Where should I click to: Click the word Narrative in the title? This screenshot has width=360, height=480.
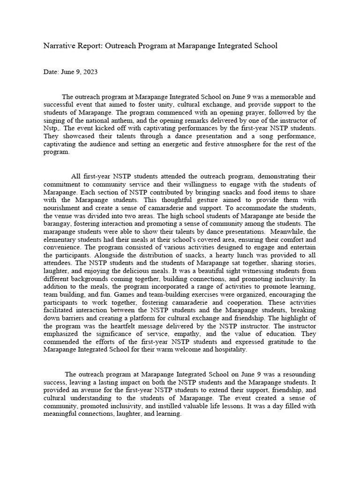tap(60, 45)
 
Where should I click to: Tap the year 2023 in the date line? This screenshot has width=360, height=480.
tap(90, 72)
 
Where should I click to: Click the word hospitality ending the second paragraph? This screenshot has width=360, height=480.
tap(228, 350)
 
